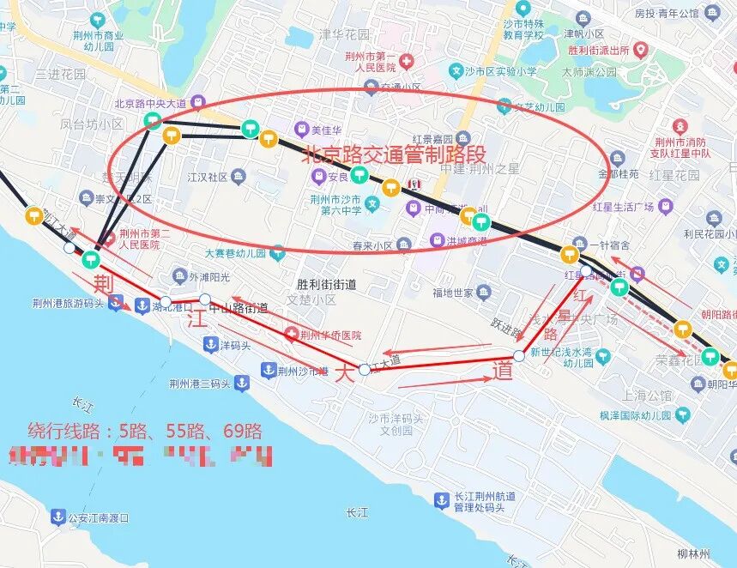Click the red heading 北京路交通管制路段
tap(394, 155)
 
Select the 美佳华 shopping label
tap(326, 130)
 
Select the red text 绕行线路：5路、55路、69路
tap(145, 430)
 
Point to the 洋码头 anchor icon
tap(209, 344)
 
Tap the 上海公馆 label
tap(648, 396)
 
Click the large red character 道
tap(504, 371)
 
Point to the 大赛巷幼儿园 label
tap(235, 253)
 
